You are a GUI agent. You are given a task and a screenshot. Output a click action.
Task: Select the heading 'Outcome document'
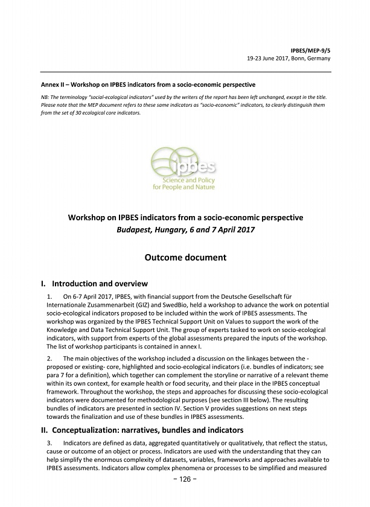coord(185,257)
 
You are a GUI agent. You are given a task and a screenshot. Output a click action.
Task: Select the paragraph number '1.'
coord(49,298)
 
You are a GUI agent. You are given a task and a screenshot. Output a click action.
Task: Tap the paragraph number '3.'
coord(49,444)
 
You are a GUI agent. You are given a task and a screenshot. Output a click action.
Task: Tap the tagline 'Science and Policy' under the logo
coord(187,180)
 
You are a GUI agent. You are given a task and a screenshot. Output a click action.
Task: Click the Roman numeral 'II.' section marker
coord(43,430)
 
